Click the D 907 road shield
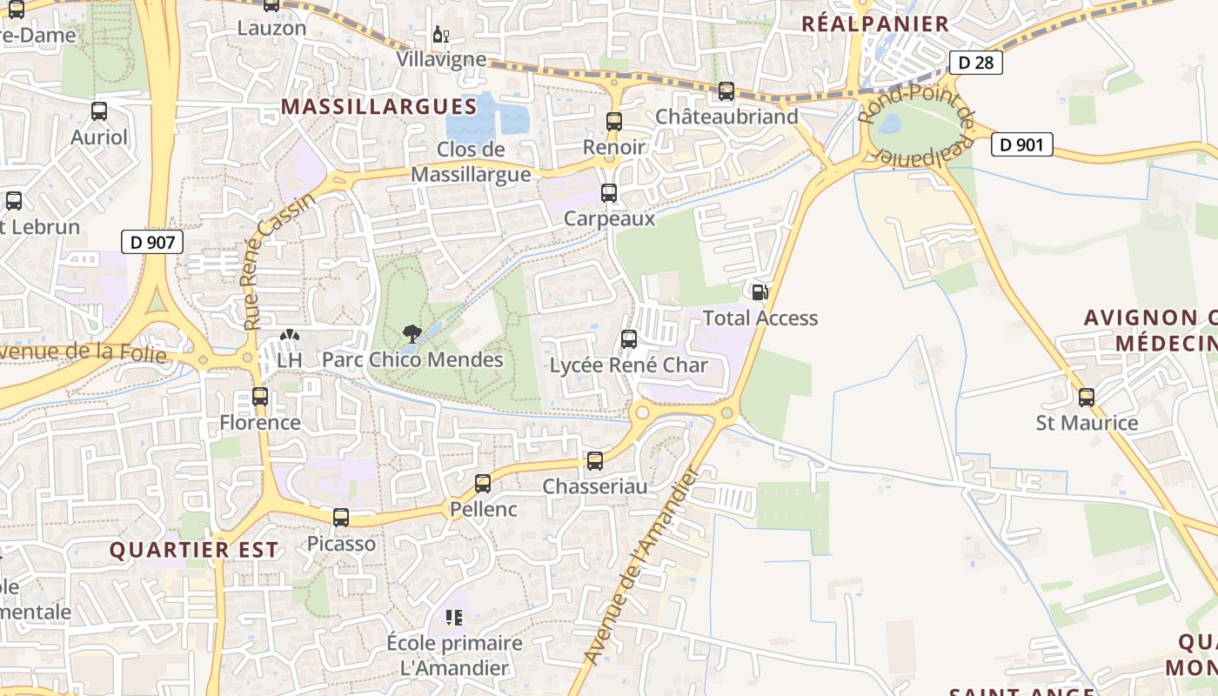(152, 242)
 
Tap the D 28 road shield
(975, 63)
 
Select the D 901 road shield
(1021, 144)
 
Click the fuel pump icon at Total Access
(760, 292)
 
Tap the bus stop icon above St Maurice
(1086, 398)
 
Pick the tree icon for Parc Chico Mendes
(412, 333)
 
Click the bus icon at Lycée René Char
(628, 339)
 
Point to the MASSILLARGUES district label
(379, 107)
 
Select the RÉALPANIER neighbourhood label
(874, 23)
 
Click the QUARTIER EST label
(194, 550)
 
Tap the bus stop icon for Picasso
(341, 518)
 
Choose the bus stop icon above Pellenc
(483, 484)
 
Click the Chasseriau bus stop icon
(595, 461)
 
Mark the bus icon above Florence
(259, 397)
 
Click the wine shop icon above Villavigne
(441, 36)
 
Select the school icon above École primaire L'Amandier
(453, 618)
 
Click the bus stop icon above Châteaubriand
(726, 90)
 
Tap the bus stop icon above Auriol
(99, 111)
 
